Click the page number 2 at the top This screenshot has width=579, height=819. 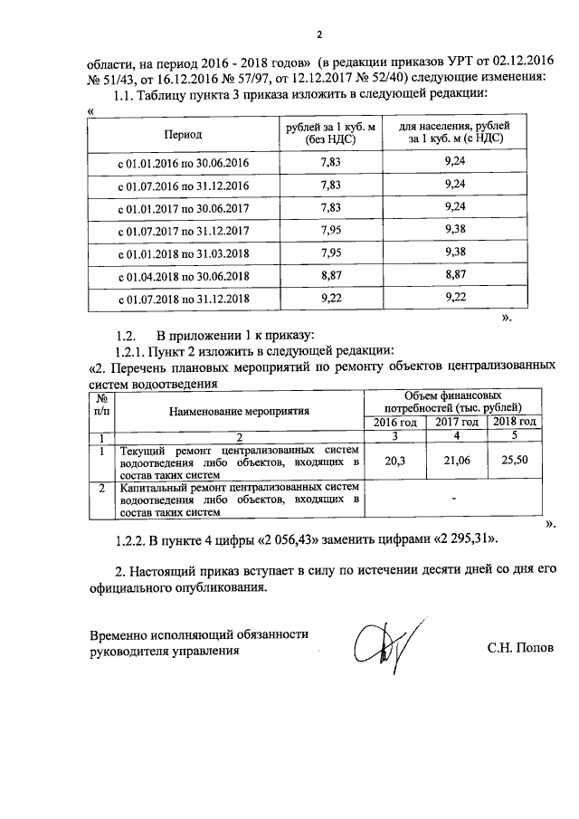click(x=318, y=35)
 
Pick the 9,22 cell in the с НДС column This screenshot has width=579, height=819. click(x=456, y=297)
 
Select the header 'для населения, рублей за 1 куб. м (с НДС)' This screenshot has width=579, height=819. click(x=456, y=134)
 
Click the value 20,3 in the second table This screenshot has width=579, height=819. click(x=394, y=462)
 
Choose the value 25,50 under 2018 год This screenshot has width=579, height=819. click(x=514, y=462)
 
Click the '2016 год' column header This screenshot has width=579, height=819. click(x=394, y=423)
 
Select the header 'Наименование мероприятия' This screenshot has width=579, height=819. click(x=239, y=410)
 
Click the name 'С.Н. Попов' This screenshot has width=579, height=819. click(x=520, y=650)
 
